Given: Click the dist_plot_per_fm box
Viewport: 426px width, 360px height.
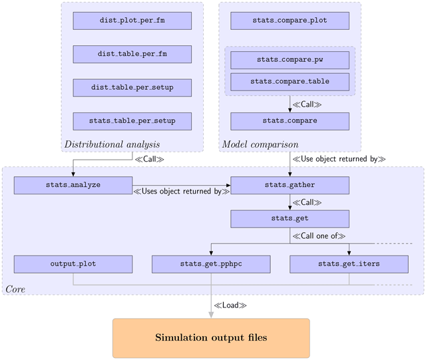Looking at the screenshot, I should click(x=132, y=21).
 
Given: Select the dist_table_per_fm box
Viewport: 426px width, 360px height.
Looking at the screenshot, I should click(x=132, y=54).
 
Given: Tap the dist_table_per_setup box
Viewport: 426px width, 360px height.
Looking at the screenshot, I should click(x=132, y=87).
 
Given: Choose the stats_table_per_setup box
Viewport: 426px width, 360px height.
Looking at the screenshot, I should click(x=132, y=121).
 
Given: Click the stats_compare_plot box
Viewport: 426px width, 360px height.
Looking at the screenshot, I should click(x=290, y=21).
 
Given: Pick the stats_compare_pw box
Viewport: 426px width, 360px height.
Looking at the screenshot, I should click(x=290, y=60).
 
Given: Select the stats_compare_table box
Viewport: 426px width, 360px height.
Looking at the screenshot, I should click(x=290, y=82).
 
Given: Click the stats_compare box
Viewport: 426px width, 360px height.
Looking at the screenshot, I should click(x=290, y=121).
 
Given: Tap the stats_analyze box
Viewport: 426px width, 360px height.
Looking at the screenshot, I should click(x=73, y=185).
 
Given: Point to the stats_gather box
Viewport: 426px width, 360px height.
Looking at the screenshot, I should click(x=290, y=185).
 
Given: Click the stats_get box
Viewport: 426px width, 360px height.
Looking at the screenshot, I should click(x=290, y=218).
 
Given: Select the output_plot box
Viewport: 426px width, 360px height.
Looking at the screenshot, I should click(x=73, y=264).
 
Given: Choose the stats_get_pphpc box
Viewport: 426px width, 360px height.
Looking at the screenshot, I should click(x=211, y=264).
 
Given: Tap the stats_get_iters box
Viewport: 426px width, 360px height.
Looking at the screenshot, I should click(x=349, y=264).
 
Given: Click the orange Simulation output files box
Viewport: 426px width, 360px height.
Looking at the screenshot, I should click(x=211, y=338).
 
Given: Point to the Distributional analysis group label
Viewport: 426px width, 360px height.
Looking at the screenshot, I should click(x=112, y=144).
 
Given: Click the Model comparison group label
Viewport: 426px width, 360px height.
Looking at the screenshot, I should click(x=260, y=144).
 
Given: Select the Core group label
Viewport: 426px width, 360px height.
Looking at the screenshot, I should click(x=16, y=289).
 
